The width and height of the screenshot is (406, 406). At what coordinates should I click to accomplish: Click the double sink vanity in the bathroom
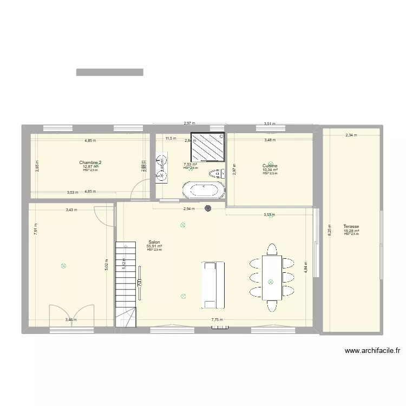(161, 167)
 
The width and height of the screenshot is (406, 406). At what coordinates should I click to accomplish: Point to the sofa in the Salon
(213, 284)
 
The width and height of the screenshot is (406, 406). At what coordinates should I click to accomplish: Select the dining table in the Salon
(271, 277)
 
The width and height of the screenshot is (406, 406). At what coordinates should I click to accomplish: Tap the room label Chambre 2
(90, 162)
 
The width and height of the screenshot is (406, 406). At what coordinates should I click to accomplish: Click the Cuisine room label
(270, 166)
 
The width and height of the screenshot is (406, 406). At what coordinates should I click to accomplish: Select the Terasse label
(351, 227)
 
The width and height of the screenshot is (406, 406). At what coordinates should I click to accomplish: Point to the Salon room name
(154, 243)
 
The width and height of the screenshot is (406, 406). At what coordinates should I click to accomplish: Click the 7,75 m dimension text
(218, 320)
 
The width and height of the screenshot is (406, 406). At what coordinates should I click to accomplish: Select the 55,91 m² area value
(154, 246)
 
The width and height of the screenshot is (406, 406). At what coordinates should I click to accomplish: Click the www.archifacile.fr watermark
(372, 350)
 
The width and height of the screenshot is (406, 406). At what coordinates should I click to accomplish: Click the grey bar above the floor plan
(109, 72)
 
